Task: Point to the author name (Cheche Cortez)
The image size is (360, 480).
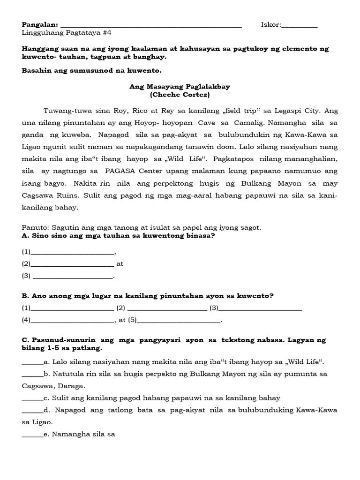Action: [x=180, y=95]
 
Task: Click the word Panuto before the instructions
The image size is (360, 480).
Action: [x=34, y=227]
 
